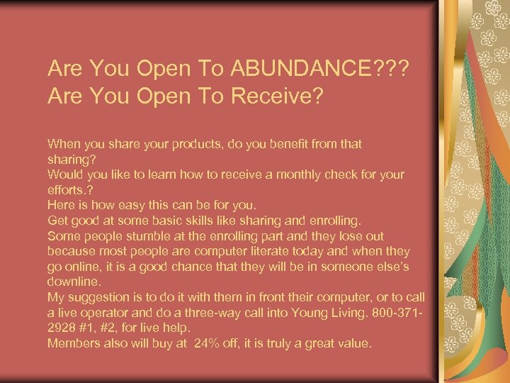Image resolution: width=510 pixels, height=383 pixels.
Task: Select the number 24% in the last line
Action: (188, 343)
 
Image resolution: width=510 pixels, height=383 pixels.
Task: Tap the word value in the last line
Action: (353, 343)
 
